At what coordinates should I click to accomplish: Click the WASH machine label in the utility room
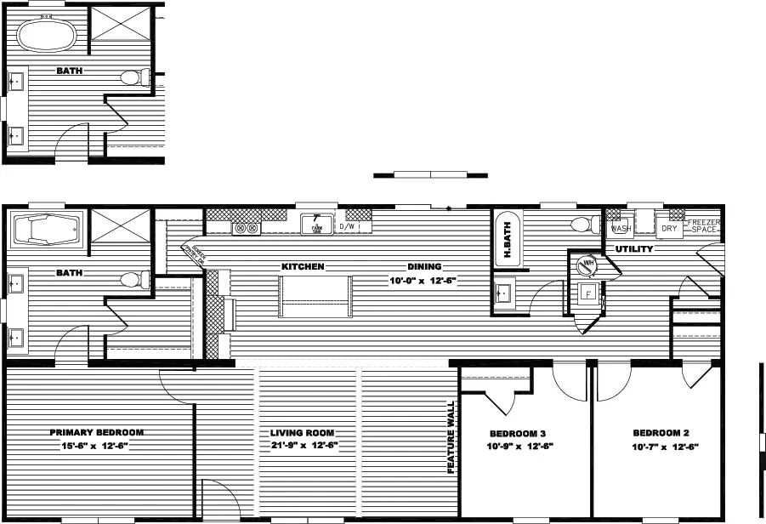point(620,229)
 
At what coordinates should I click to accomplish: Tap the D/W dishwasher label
point(348,227)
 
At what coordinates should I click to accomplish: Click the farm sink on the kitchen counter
point(315,227)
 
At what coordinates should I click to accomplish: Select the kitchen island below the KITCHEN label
point(315,297)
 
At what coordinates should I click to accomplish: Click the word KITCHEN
point(304,266)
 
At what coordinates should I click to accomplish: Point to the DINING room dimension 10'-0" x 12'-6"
point(424,280)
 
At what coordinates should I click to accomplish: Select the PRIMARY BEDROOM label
point(96,432)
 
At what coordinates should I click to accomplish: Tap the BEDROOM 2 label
point(654,432)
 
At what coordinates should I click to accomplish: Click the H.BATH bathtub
point(504,240)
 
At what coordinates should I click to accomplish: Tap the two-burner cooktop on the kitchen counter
point(246,228)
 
